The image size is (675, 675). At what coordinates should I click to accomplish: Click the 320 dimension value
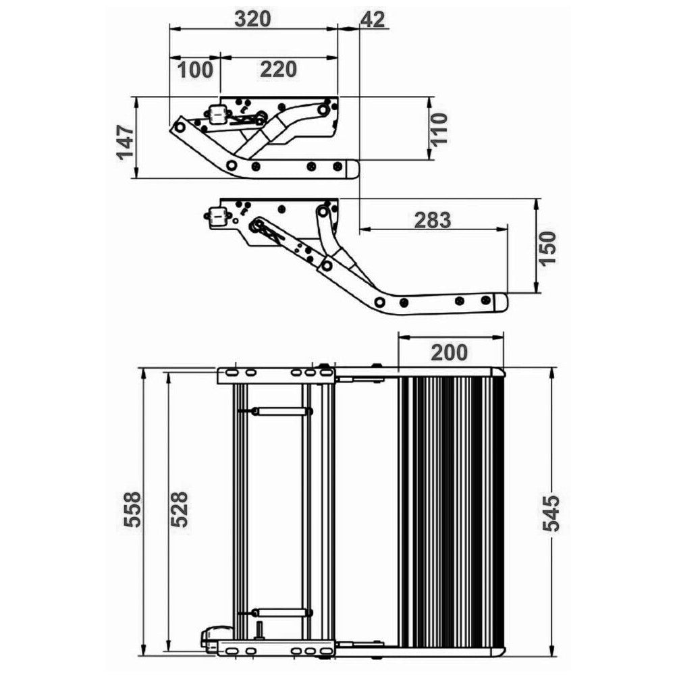252,18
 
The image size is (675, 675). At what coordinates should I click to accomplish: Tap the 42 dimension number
373,19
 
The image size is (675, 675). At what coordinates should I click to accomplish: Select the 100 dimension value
196,70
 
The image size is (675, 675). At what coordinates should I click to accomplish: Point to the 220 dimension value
279,70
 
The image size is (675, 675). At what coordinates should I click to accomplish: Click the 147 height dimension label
126,142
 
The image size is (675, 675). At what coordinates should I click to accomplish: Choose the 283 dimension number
433,220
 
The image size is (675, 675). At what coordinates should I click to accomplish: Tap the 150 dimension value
548,248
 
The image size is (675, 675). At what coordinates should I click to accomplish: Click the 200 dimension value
449,352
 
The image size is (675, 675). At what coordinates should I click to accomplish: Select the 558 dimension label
132,509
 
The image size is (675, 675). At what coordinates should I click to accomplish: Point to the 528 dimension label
179,509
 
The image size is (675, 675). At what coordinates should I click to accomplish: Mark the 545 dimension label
551,513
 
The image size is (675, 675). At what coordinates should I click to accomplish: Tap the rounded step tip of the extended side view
501,302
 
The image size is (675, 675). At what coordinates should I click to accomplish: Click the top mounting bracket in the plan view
276,375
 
